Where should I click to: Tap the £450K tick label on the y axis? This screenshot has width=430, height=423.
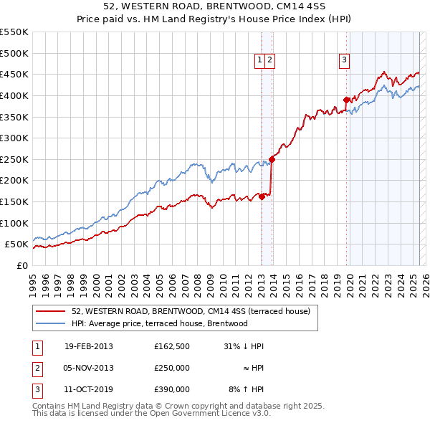coord(14,74)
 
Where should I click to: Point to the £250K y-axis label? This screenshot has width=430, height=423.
coord(14,159)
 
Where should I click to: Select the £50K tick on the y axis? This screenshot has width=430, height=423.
coord(17,244)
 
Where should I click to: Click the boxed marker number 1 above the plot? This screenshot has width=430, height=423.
coord(259,61)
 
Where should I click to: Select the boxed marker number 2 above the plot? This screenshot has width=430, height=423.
coord(269,61)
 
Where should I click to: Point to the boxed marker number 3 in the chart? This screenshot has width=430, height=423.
coord(345,61)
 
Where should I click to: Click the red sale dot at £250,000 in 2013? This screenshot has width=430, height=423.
coord(272,159)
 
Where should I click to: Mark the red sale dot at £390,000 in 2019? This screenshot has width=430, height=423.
coord(347,100)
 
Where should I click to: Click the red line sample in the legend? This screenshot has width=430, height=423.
coord(51,312)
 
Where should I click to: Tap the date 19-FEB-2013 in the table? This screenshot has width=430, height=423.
coord(88,346)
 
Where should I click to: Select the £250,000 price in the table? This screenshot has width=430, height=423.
coord(172,368)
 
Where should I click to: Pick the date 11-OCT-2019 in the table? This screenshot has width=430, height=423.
coord(88,389)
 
